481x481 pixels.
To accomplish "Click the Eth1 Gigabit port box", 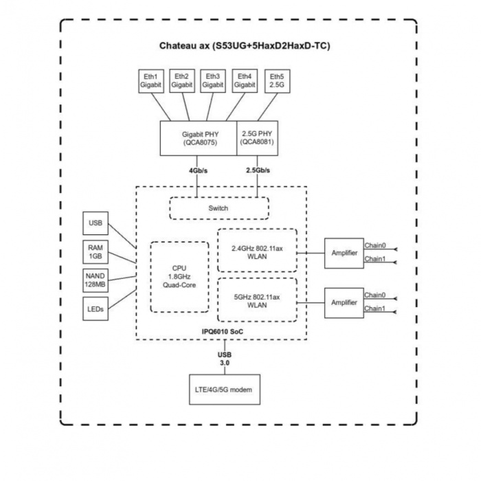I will pyautogui.click(x=150, y=80).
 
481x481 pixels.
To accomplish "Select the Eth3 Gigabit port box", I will pyautogui.click(x=213, y=80).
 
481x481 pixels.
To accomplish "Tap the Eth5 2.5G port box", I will pyautogui.click(x=276, y=80).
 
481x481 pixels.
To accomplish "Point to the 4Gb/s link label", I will pyautogui.click(x=198, y=170).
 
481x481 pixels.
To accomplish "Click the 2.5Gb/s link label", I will pyautogui.click(x=257, y=170).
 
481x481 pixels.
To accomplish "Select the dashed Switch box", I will pyautogui.click(x=219, y=208).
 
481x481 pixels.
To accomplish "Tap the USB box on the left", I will pyautogui.click(x=95, y=223).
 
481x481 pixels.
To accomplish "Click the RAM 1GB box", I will pyautogui.click(x=95, y=251).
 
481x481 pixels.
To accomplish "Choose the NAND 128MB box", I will pyautogui.click(x=95, y=280).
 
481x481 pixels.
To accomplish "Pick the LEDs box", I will pyautogui.click(x=95, y=309).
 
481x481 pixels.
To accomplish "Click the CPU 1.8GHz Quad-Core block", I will pyautogui.click(x=179, y=276).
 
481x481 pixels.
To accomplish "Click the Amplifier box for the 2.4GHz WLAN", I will pyautogui.click(x=343, y=253).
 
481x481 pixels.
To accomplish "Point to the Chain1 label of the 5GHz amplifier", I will pyautogui.click(x=375, y=309).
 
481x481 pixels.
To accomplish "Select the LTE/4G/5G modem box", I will pyautogui.click(x=224, y=390).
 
